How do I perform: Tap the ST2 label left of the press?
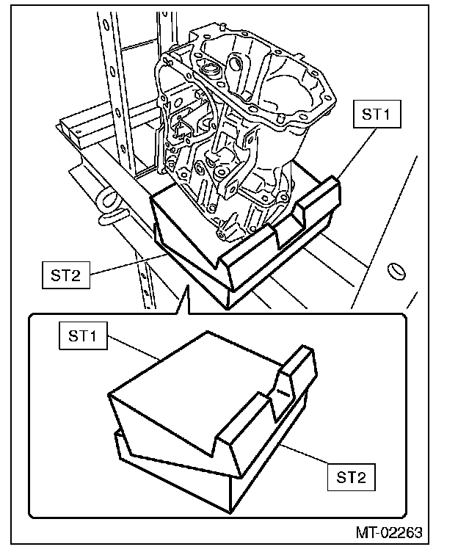coord(66,276)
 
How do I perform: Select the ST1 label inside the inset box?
coord(81,337)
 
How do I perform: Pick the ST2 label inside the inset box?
coord(351,477)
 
